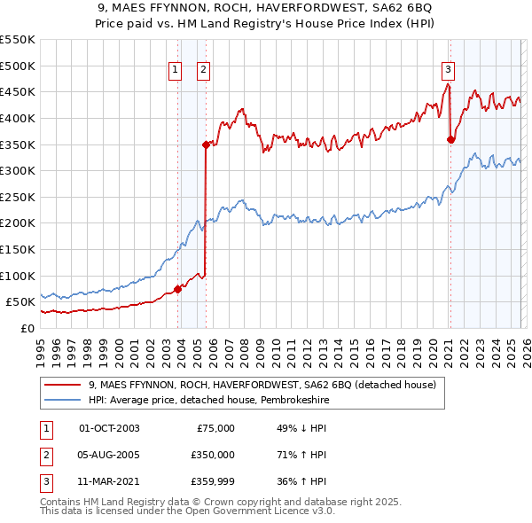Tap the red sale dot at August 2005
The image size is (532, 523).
[206, 144]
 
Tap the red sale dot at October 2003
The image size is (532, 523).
[177, 288]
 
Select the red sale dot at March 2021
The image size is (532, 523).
[450, 138]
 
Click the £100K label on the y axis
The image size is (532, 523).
[18, 276]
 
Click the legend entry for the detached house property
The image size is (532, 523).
[262, 386]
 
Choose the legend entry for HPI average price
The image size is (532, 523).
[219, 400]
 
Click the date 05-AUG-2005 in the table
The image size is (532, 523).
[110, 455]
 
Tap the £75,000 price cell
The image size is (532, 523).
[215, 428]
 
